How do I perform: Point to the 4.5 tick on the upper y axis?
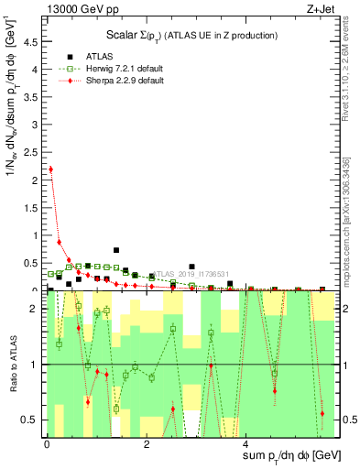tap(33, 41)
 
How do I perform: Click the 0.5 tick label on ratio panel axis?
tap(33, 420)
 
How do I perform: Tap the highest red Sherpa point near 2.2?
tap(50, 169)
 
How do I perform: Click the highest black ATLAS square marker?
tap(116, 250)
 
